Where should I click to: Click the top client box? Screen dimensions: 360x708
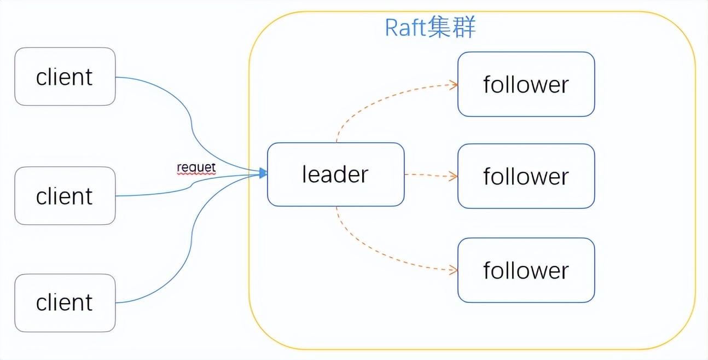click(x=65, y=76)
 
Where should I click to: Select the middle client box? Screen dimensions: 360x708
click(x=65, y=195)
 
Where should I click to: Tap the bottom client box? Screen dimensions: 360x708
click(x=65, y=303)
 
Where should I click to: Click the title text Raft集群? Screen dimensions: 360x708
click(x=430, y=27)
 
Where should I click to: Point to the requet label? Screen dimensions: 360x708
click(x=196, y=167)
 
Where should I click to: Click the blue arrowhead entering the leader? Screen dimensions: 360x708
click(x=263, y=173)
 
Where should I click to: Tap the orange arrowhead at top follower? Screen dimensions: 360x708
click(x=453, y=84)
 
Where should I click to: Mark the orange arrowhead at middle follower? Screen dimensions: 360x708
click(x=453, y=176)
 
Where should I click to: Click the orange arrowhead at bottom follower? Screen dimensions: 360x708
click(x=453, y=270)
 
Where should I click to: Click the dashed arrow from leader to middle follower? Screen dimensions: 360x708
click(x=430, y=175)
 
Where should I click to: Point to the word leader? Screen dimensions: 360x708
click(x=335, y=174)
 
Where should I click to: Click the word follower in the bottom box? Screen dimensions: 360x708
click(x=525, y=270)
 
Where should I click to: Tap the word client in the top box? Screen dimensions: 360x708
click(x=65, y=77)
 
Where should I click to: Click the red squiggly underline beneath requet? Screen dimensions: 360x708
click(x=196, y=173)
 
